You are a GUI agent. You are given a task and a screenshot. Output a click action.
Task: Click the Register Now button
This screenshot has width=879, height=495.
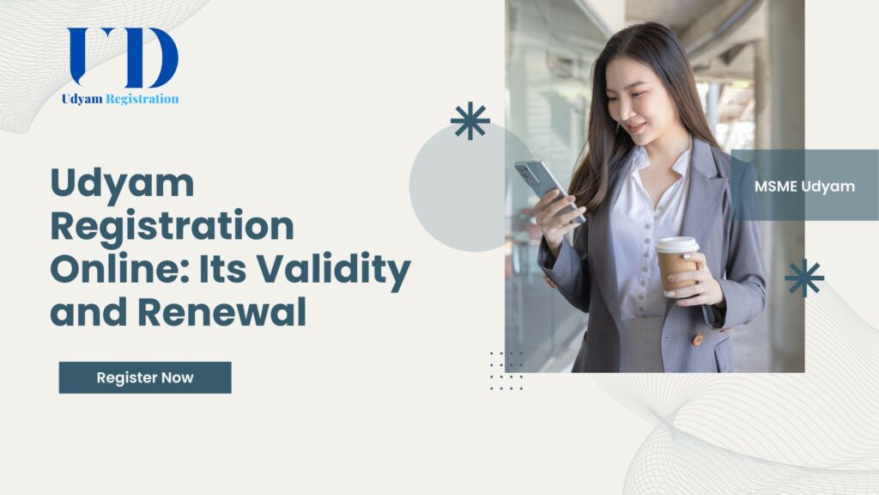(x=144, y=378)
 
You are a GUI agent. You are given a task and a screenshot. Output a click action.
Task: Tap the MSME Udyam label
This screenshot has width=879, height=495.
(x=804, y=186)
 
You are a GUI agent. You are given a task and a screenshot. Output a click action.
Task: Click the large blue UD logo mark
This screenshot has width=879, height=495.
(x=123, y=58)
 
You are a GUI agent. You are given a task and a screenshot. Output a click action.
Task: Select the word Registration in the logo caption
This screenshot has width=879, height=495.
(x=142, y=100)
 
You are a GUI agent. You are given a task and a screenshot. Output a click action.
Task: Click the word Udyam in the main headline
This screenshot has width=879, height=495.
(x=122, y=184)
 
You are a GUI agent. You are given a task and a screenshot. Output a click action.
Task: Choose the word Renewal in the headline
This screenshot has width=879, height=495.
(x=222, y=312)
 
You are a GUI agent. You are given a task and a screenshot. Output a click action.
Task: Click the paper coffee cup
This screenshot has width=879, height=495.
(x=678, y=266)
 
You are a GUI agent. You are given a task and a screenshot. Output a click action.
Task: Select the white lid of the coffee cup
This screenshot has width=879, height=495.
(x=677, y=245)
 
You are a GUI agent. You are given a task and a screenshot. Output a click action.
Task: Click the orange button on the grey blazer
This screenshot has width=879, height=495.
(x=697, y=340)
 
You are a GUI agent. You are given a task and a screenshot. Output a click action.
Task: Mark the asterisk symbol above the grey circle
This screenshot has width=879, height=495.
(x=470, y=120)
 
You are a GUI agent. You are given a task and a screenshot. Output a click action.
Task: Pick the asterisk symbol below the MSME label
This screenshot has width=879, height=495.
(x=804, y=278)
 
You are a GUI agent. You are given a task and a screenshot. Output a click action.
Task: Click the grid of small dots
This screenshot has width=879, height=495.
(x=506, y=371)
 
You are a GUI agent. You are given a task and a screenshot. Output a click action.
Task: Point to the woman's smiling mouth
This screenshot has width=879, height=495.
(x=636, y=128)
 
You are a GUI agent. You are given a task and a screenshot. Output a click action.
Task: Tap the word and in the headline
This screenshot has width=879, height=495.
(x=88, y=312)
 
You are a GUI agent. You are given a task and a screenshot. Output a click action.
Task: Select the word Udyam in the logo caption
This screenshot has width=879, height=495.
(x=82, y=100)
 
